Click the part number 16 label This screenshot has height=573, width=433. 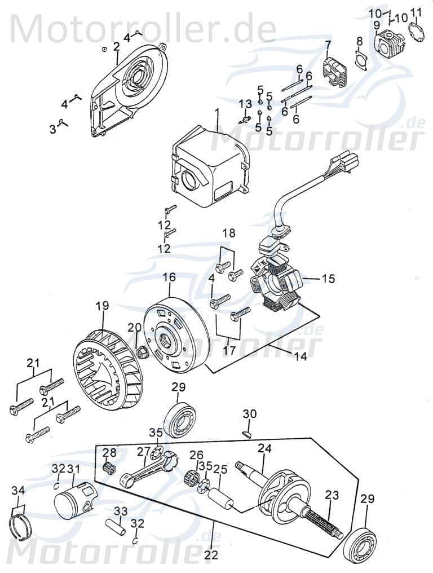point(169,277)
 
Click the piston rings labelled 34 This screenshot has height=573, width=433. point(20,522)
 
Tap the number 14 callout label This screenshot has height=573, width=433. point(301,356)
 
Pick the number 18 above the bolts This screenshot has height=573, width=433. point(228,233)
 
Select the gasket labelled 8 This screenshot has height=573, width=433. point(359,60)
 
